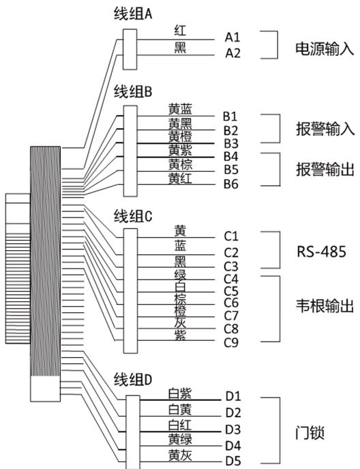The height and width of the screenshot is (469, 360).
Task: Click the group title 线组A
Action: click(x=133, y=14)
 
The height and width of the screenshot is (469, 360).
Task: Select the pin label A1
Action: click(x=232, y=37)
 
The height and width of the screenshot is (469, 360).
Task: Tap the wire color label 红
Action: click(x=180, y=31)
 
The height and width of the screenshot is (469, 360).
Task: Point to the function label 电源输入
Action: click(x=325, y=49)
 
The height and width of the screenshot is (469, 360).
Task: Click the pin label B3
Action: click(x=231, y=144)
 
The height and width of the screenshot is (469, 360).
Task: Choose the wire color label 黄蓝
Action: click(x=180, y=109)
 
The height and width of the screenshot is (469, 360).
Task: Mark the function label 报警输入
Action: click(x=325, y=129)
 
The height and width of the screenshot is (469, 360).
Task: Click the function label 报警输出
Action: click(x=325, y=169)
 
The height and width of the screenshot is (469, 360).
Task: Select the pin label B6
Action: click(x=231, y=184)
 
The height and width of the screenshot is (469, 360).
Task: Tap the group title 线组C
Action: click(x=133, y=216)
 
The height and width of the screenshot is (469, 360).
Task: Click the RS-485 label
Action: click(x=321, y=252)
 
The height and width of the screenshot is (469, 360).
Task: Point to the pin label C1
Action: click(x=231, y=236)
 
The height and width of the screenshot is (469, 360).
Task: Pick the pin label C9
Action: click(x=231, y=342)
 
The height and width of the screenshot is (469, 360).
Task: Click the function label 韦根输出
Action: click(x=325, y=306)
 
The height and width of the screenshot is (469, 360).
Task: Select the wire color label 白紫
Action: click(x=179, y=393)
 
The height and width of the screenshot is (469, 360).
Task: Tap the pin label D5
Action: click(x=233, y=461)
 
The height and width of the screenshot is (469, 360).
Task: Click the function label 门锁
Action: click(x=310, y=433)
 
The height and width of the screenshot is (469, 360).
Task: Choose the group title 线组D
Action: click(x=133, y=380)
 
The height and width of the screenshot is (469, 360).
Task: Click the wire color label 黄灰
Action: click(x=179, y=455)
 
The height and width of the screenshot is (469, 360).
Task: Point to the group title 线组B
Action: click(x=133, y=91)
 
